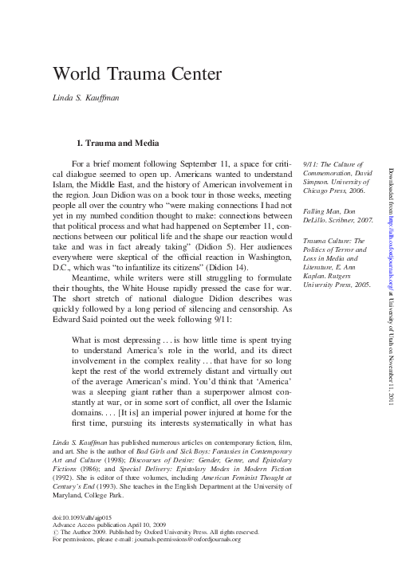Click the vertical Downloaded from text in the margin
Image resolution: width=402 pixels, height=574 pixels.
click(x=392, y=191)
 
